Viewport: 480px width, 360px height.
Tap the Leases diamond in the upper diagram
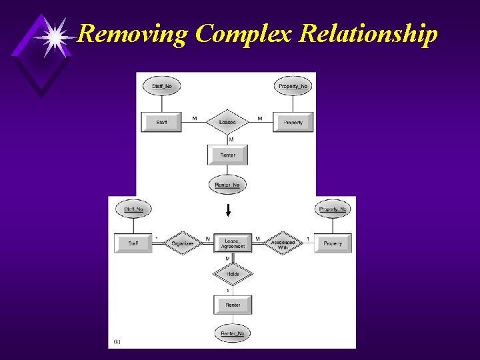[x=227, y=122]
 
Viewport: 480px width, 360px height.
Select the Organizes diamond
[x=182, y=243]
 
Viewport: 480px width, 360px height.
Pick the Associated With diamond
[x=283, y=243]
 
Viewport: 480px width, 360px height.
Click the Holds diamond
[x=233, y=274]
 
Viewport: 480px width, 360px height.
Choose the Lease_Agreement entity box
[x=233, y=243]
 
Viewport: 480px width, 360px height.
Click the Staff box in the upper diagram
[x=162, y=122]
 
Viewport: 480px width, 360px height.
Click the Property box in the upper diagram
[x=293, y=122]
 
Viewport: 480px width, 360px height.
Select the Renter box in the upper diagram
[x=227, y=155]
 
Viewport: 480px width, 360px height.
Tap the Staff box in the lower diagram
[x=133, y=243]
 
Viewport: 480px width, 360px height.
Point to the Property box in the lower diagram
[x=332, y=243]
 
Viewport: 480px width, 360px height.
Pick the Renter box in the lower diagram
[x=233, y=305]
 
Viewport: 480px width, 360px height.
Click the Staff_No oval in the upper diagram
[x=162, y=86]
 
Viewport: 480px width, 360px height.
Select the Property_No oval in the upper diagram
[x=293, y=86]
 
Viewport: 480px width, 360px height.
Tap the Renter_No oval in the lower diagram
[x=233, y=333]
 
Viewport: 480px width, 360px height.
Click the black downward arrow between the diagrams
[x=228, y=211]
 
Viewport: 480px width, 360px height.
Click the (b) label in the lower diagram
[x=117, y=341]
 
